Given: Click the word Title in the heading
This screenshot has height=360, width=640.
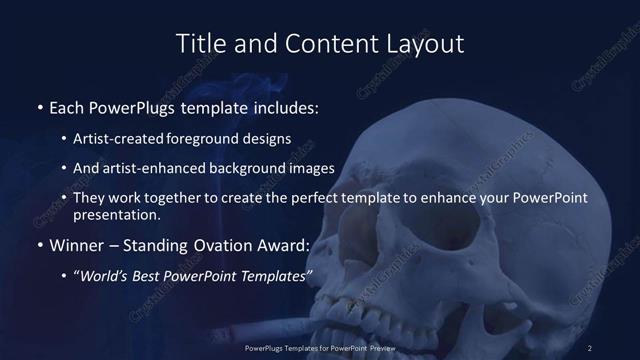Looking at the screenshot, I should click(x=200, y=44).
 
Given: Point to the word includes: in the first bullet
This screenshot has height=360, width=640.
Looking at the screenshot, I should click(x=285, y=106).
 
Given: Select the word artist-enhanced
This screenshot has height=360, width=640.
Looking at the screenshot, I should click(x=154, y=168).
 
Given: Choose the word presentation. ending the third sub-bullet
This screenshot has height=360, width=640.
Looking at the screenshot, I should click(x=117, y=214).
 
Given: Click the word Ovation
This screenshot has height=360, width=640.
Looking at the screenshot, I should click(x=221, y=245).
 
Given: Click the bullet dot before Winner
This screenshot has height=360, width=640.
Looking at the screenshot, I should click(x=39, y=246).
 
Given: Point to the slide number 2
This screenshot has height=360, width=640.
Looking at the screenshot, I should click(x=590, y=347).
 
